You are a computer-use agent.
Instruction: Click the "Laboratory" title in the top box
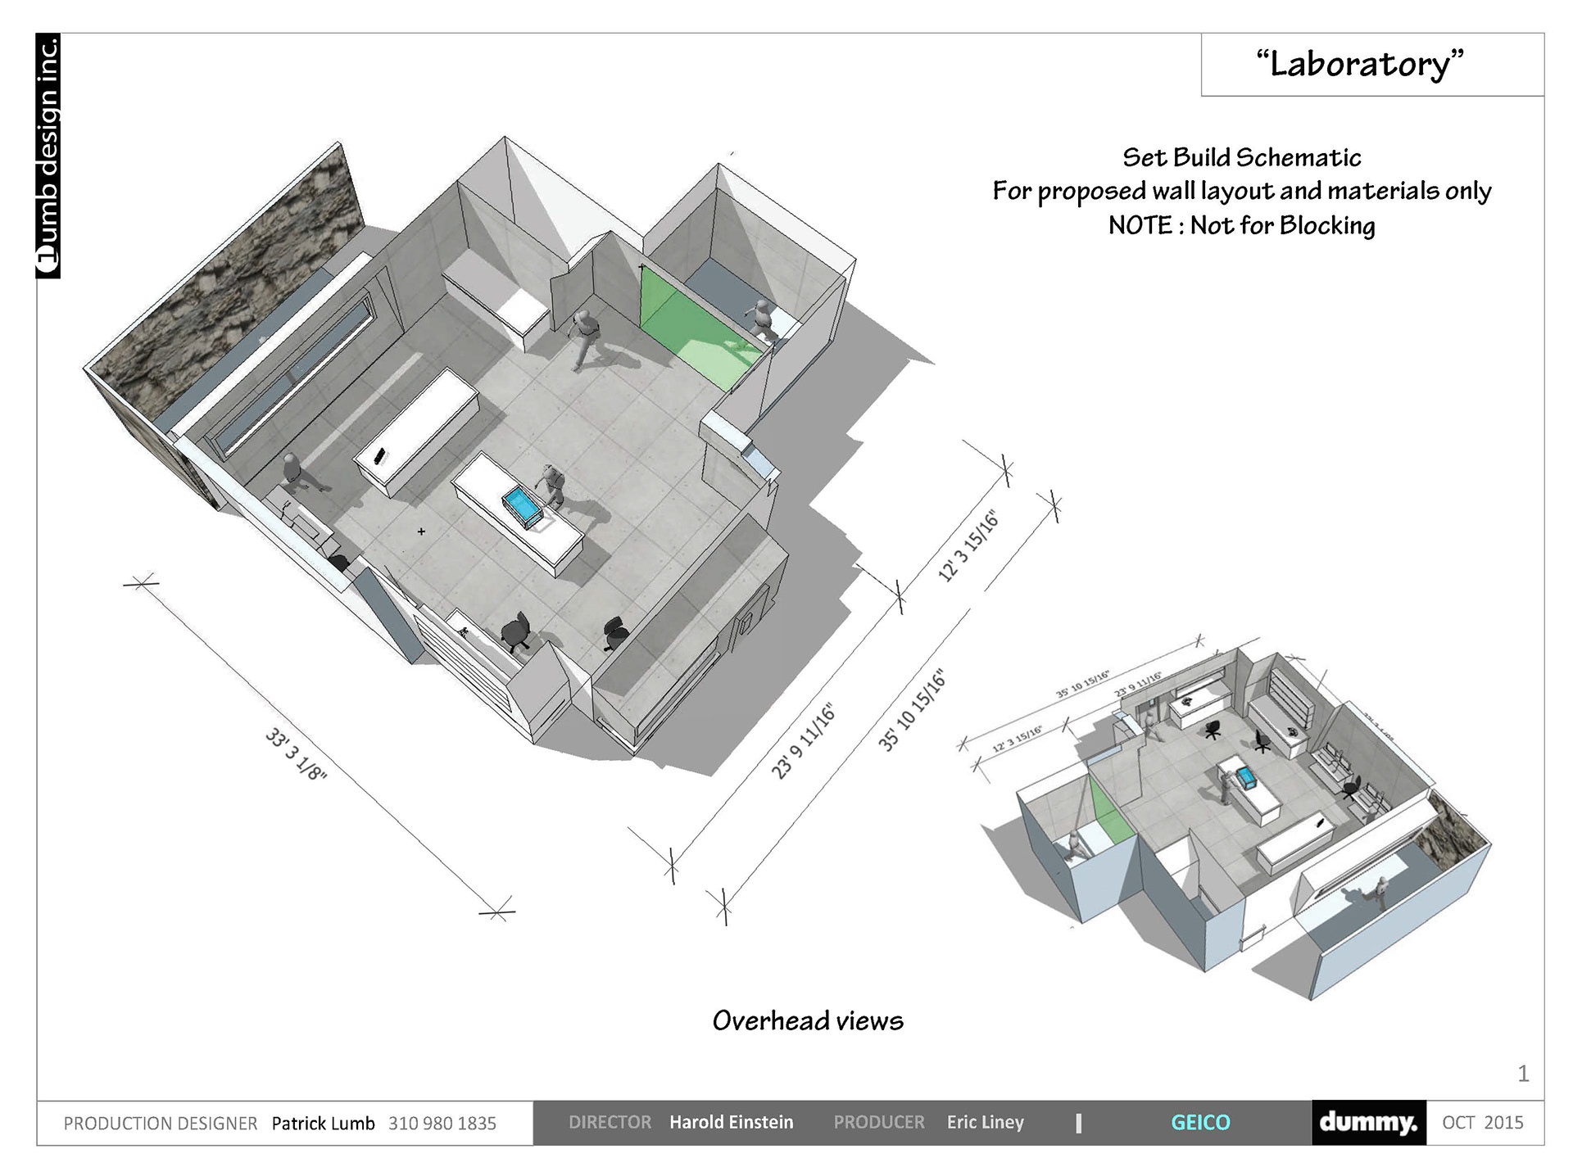(1360, 64)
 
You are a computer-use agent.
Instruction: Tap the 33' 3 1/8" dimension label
(296, 753)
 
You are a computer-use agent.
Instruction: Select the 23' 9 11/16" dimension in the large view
(804, 741)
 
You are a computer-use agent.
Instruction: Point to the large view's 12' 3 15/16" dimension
(968, 546)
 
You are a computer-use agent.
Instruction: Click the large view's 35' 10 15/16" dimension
(912, 710)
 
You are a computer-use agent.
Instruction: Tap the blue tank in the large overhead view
(523, 506)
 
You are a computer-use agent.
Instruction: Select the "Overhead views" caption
(808, 1020)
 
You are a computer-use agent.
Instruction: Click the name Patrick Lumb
(323, 1124)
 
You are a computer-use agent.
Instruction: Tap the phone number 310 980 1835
(442, 1124)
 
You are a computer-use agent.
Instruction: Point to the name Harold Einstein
(731, 1123)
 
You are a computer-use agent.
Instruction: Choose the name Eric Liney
(985, 1123)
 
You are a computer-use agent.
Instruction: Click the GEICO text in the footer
(1200, 1123)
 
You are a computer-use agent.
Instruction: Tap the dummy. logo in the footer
(1368, 1123)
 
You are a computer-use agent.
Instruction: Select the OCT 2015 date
(1482, 1123)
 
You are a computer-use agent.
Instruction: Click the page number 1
(1523, 1074)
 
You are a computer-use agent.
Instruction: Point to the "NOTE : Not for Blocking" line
(1241, 225)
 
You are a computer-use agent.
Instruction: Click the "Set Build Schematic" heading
(1241, 157)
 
